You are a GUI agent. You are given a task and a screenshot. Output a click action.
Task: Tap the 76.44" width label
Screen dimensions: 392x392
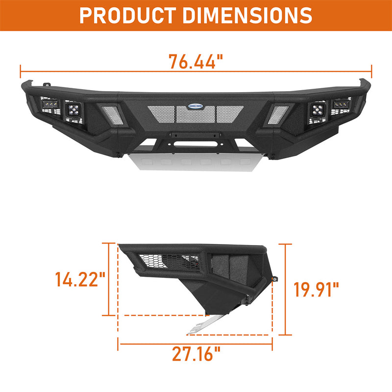196,62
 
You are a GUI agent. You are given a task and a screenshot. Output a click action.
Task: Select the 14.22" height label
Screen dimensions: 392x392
80,280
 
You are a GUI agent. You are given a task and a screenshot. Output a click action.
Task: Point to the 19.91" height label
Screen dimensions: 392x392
316,289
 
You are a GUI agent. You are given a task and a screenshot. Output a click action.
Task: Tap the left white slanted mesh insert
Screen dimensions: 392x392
112,114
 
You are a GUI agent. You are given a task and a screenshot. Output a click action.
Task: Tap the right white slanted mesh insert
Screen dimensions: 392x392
279,114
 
